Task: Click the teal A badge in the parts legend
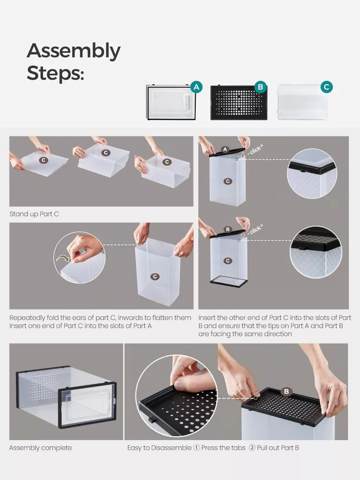pyautogui.click(x=196, y=87)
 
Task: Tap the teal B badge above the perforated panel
pyautogui.click(x=261, y=87)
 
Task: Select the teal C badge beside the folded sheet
pyautogui.click(x=326, y=87)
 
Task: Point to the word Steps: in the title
pyautogui.click(x=55, y=73)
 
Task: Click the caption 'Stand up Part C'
pyautogui.click(x=34, y=214)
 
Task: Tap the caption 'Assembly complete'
pyautogui.click(x=40, y=448)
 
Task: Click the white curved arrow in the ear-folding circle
pyautogui.click(x=63, y=259)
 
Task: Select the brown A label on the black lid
pyautogui.click(x=225, y=149)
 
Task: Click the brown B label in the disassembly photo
pyautogui.click(x=287, y=391)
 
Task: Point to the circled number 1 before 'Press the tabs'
pyautogui.click(x=196, y=448)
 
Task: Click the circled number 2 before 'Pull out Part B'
pyautogui.click(x=252, y=448)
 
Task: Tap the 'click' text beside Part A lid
pyautogui.click(x=255, y=150)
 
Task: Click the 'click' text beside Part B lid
pyautogui.click(x=256, y=229)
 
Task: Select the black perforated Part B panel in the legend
pyautogui.click(x=239, y=103)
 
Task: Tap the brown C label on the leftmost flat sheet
pyautogui.click(x=44, y=160)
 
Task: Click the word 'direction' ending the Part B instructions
pyautogui.click(x=278, y=334)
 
